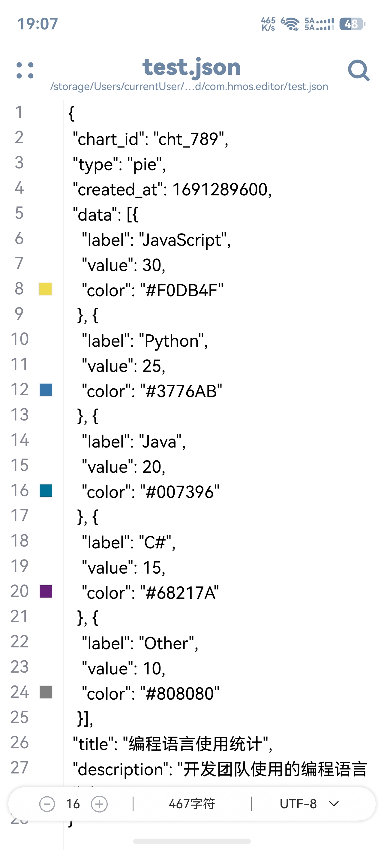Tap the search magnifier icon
point(358,70)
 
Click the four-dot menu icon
point(25,70)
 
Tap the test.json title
point(191,67)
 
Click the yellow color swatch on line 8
point(46,289)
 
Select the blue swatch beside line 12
point(46,390)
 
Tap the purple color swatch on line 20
point(46,591)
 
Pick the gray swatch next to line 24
point(46,692)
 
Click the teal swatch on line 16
point(46,491)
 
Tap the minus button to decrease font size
point(47,804)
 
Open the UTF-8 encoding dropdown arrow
point(334,804)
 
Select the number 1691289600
point(220,189)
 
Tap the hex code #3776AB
point(181,391)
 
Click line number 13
point(20,415)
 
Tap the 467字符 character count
point(192,804)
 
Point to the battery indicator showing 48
point(352,24)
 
